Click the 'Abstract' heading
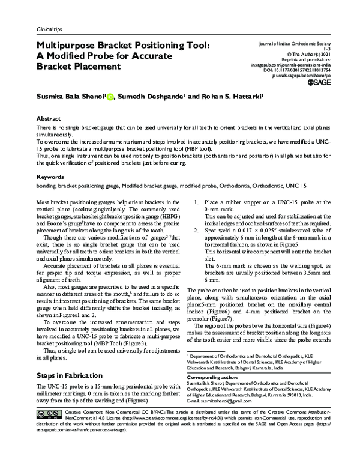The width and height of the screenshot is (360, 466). (49, 119)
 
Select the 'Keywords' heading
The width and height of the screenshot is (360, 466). (51, 178)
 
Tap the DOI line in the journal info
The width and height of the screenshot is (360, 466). (305, 70)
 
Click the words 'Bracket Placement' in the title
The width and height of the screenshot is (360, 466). (79, 66)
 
